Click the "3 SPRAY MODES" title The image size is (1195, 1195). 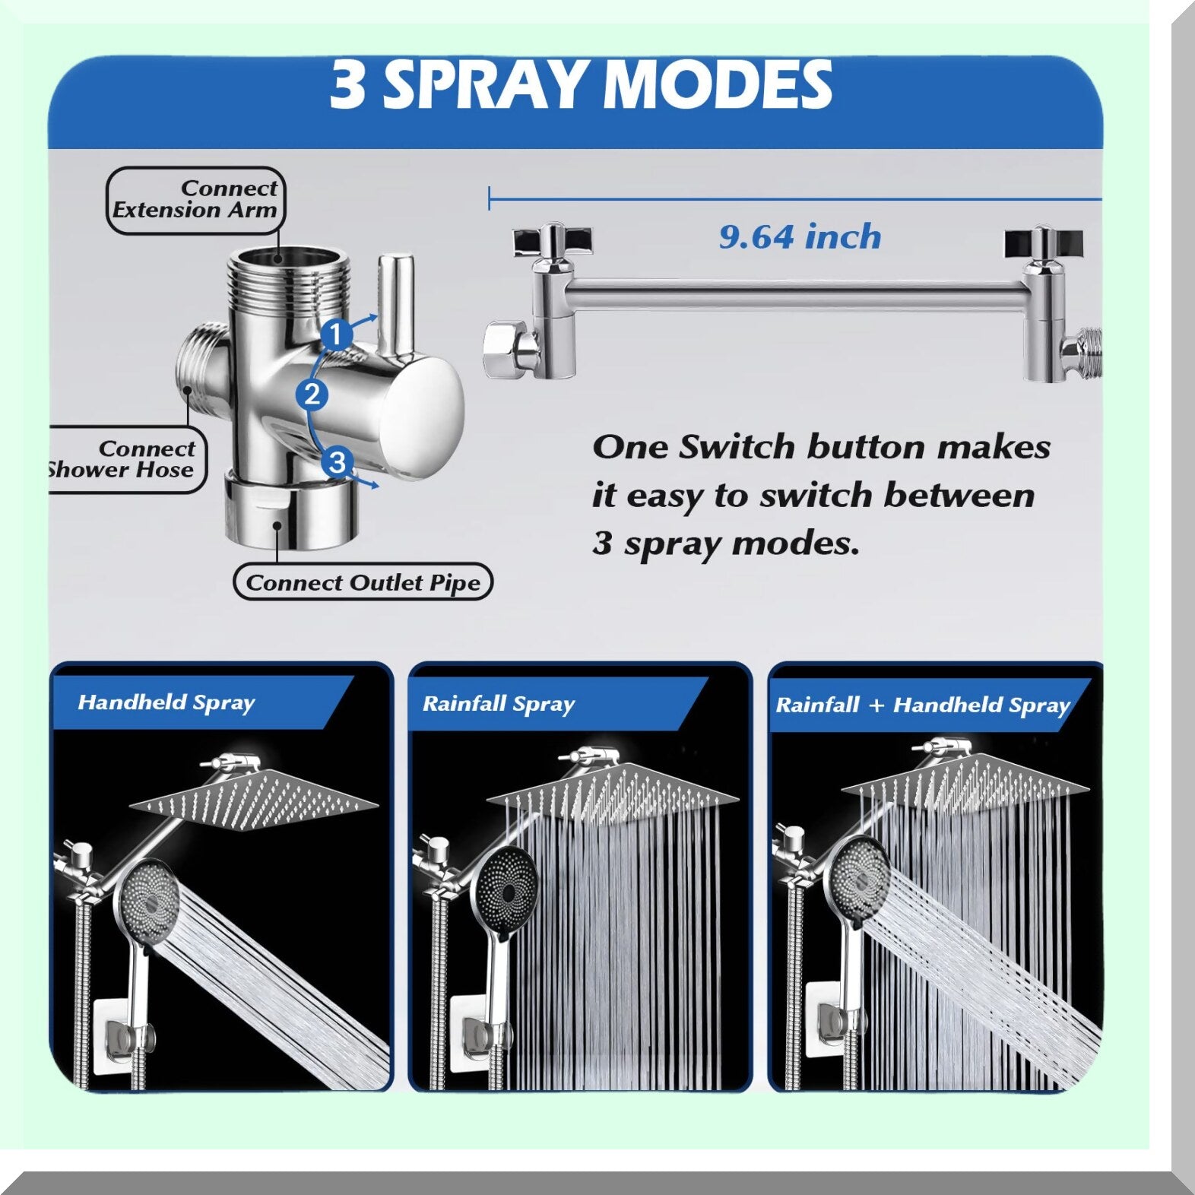(x=581, y=84)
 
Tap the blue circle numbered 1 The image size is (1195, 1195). (x=336, y=334)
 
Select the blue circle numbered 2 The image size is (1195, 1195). (x=312, y=395)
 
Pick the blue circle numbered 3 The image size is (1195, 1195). (x=338, y=461)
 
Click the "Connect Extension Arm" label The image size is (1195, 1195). (x=195, y=199)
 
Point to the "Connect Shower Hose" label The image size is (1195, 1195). (x=122, y=459)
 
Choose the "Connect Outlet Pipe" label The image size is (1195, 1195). (x=363, y=583)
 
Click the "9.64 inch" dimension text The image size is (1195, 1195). (x=800, y=237)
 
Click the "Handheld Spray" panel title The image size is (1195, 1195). (x=166, y=702)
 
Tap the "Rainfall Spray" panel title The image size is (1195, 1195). (x=499, y=704)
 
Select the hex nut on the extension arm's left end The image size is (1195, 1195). (x=510, y=350)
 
